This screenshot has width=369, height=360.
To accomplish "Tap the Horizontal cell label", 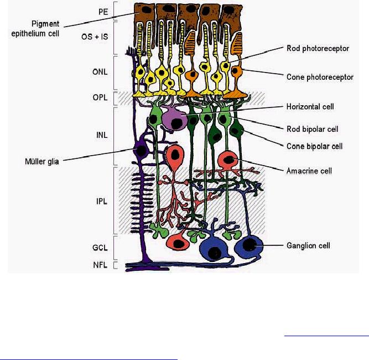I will (310, 106).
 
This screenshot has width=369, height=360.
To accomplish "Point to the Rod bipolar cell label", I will (313, 128).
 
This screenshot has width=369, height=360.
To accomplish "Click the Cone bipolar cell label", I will (316, 146).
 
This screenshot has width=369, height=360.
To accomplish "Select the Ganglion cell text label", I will (306, 245).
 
